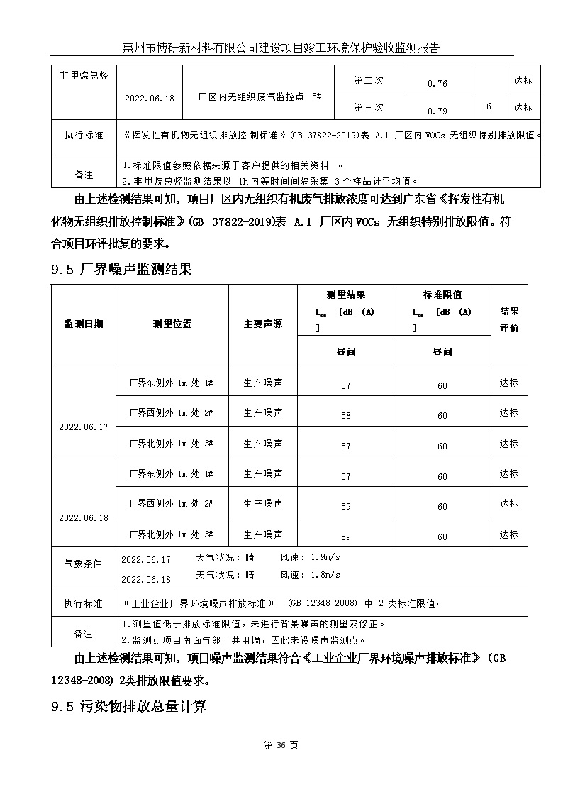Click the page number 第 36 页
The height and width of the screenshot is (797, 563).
[281, 745]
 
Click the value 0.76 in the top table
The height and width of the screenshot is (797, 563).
[437, 83]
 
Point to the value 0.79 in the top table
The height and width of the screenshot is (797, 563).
[437, 111]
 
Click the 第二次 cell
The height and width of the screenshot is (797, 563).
[368, 81]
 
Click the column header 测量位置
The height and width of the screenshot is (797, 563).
[172, 324]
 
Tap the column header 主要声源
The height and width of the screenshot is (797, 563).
[262, 324]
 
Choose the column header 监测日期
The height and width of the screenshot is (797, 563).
[84, 324]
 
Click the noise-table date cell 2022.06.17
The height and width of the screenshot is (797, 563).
[84, 427]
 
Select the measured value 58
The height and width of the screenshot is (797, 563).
[345, 415]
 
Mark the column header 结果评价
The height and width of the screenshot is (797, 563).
[509, 319]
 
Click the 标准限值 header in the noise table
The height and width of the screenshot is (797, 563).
[442, 295]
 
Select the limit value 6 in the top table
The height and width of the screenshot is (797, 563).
[489, 106]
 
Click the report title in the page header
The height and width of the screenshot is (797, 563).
[281, 48]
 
